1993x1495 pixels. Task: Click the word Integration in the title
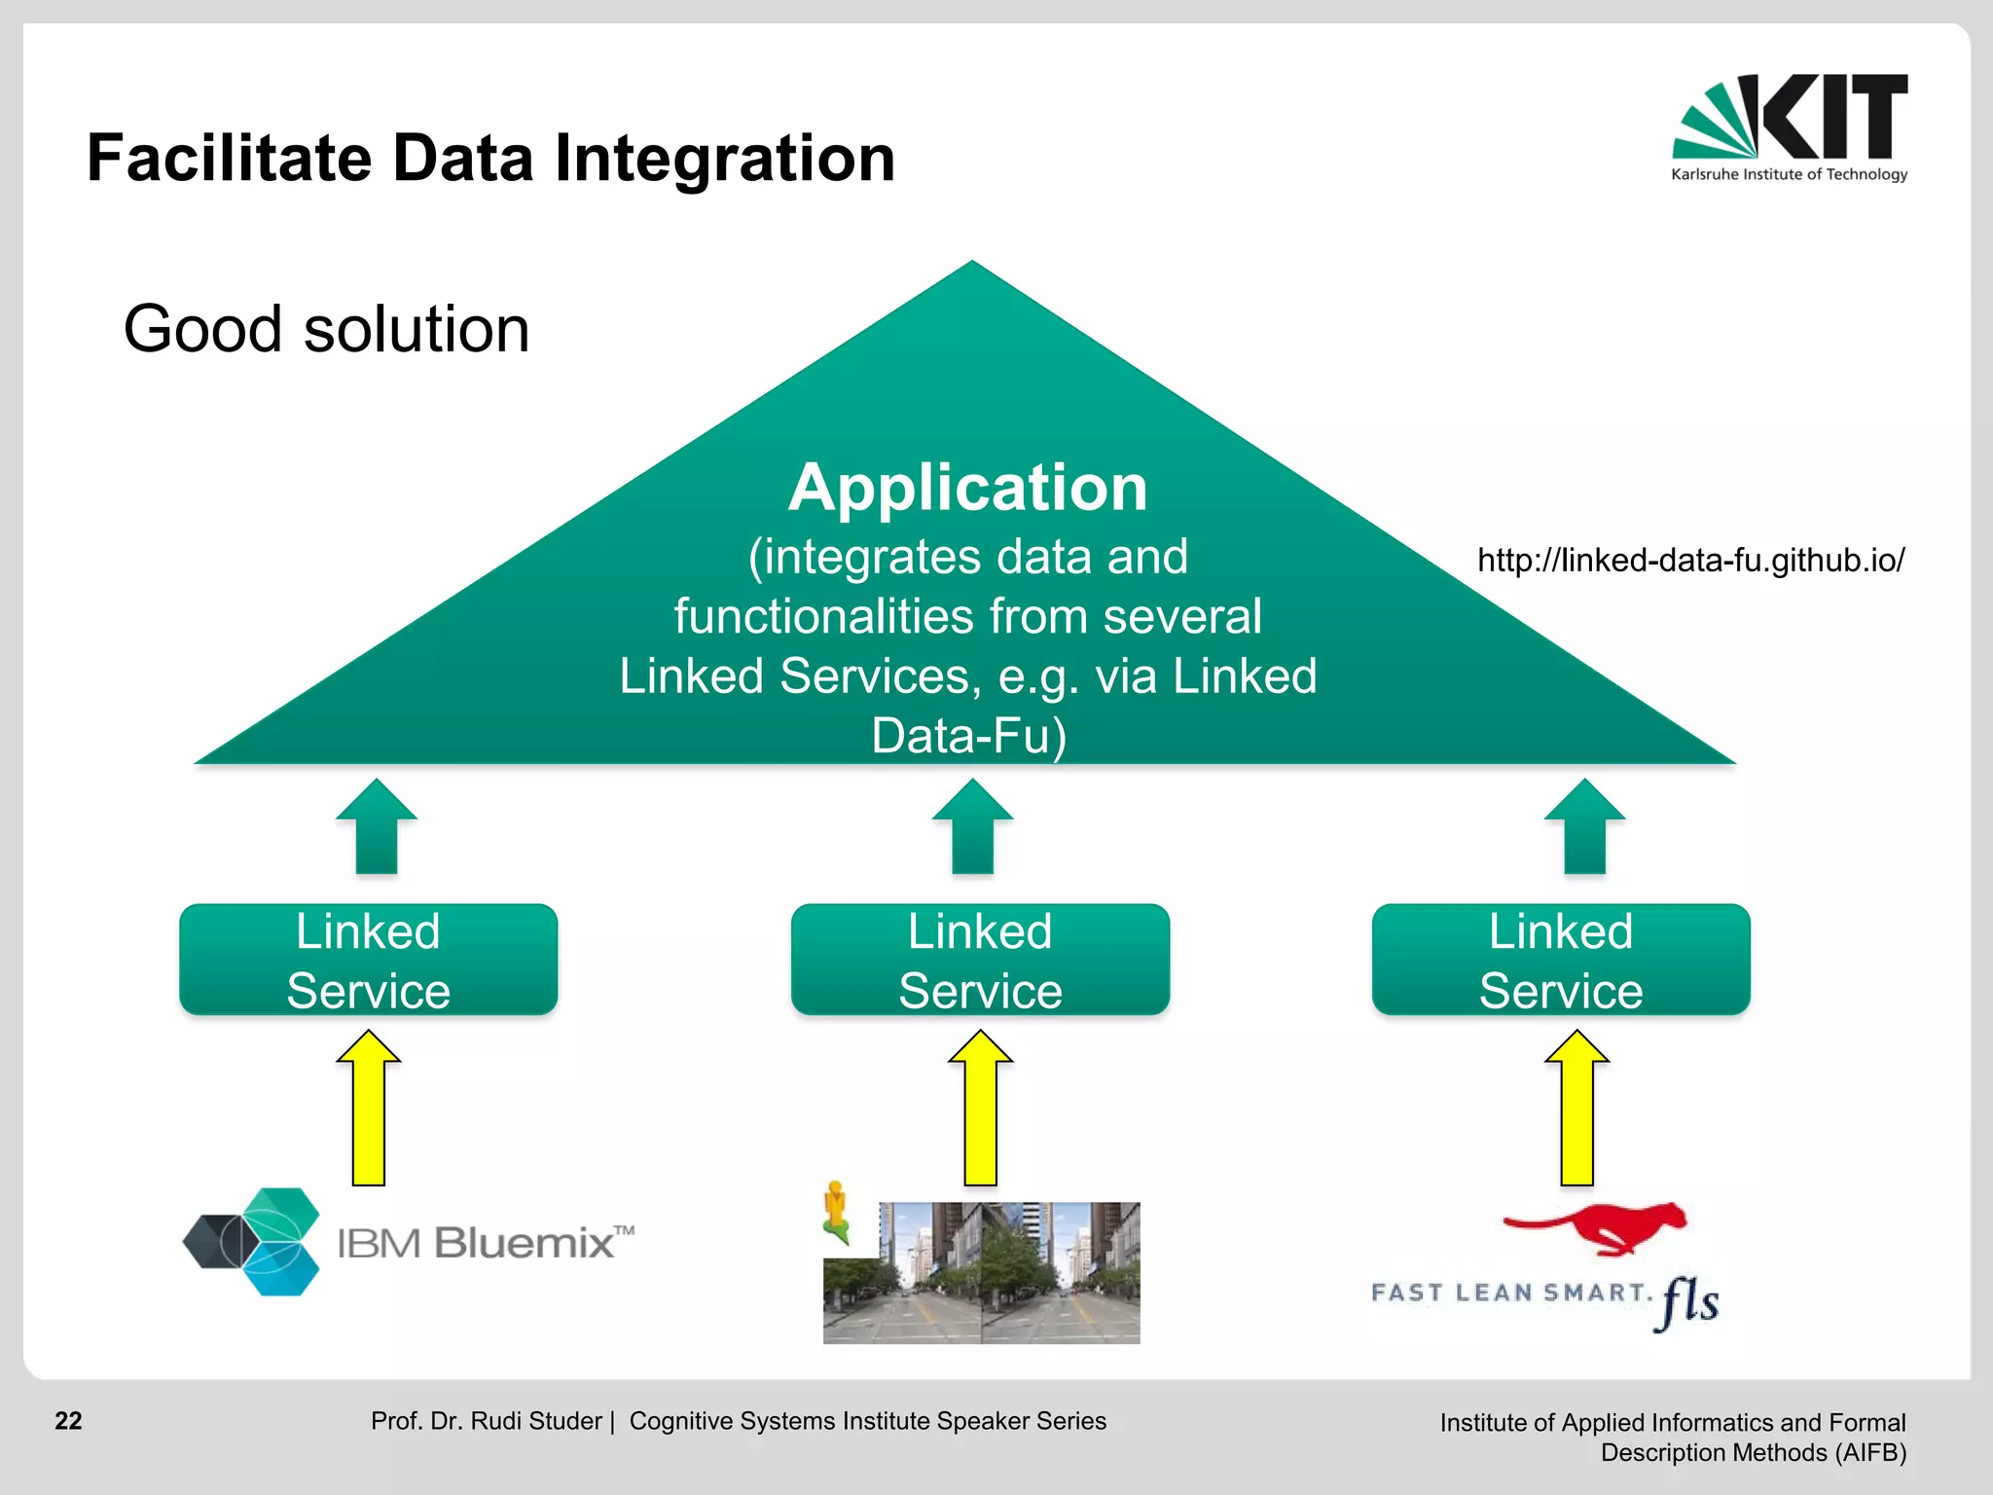pos(724,159)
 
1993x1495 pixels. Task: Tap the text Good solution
pos(326,329)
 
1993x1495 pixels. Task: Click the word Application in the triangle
pos(967,487)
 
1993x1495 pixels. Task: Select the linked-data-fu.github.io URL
pos(1690,561)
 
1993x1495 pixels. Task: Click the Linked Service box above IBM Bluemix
pos(369,960)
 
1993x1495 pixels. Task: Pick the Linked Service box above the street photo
pos(980,960)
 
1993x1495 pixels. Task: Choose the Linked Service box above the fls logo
pos(1561,960)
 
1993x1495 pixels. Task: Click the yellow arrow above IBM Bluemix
pos(369,1110)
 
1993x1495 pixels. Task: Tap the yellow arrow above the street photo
pos(980,1110)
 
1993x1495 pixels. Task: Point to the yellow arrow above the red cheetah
pos(1576,1110)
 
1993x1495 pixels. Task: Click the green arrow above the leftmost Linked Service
pos(377,827)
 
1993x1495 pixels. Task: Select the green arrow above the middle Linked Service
pos(972,827)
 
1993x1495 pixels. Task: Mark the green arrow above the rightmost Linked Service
pos(1584,827)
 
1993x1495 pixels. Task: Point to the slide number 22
pos(68,1421)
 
